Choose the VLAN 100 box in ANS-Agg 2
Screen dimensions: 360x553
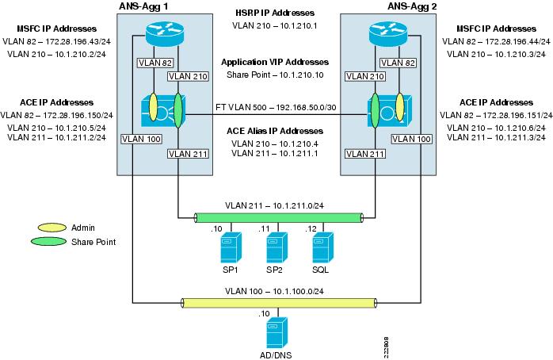411,138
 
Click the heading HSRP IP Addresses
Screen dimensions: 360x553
274,13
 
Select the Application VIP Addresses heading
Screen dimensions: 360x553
274,61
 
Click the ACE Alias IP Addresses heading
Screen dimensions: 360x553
274,130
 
